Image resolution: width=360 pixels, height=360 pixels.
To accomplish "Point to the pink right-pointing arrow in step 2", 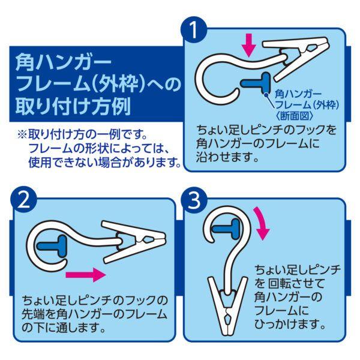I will coord(85,275).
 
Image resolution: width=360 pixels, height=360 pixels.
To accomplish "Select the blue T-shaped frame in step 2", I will coord(53,244).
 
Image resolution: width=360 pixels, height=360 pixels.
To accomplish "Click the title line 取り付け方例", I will coord(71,107).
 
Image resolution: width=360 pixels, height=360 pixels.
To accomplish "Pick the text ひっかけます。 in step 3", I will coord(290,324).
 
